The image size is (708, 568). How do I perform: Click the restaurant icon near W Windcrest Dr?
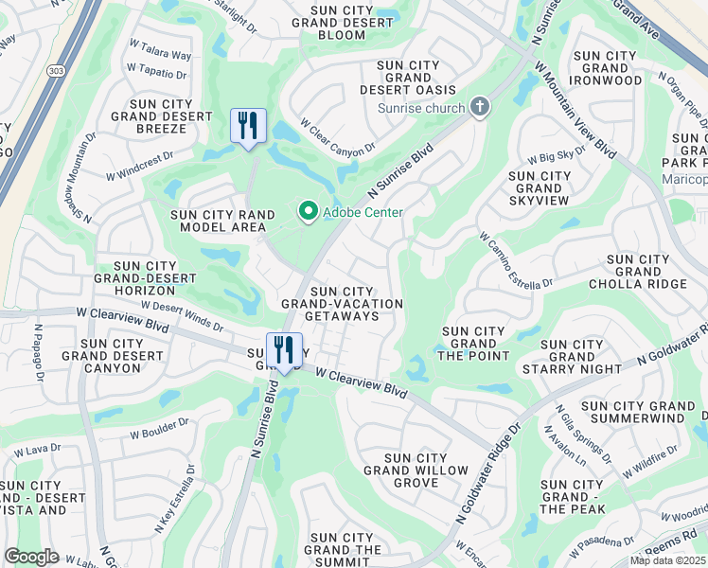click(x=248, y=126)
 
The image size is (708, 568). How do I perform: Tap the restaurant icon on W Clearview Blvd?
click(x=284, y=350)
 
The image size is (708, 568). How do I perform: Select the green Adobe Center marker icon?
click(x=308, y=212)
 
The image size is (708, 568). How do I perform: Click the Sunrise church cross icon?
click(x=480, y=107)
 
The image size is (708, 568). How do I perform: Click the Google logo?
click(x=31, y=557)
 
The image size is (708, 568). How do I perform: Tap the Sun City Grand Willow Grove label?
click(x=416, y=470)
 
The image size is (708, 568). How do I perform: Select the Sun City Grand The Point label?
click(x=475, y=344)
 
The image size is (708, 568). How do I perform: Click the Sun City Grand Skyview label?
click(x=540, y=188)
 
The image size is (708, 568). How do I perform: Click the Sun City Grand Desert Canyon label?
click(x=113, y=356)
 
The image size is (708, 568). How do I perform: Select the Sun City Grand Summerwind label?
click(x=638, y=412)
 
